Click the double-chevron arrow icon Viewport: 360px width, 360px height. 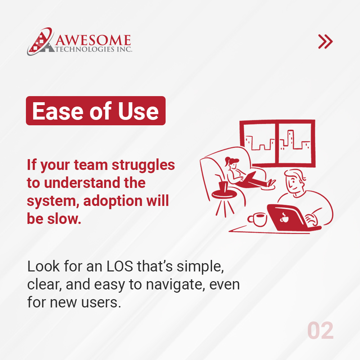click(x=325, y=42)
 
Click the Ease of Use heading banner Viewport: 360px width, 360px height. click(x=95, y=111)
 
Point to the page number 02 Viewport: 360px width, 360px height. click(x=320, y=331)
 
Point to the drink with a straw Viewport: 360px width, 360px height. click(x=222, y=185)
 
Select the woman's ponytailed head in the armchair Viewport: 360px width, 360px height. click(x=230, y=163)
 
